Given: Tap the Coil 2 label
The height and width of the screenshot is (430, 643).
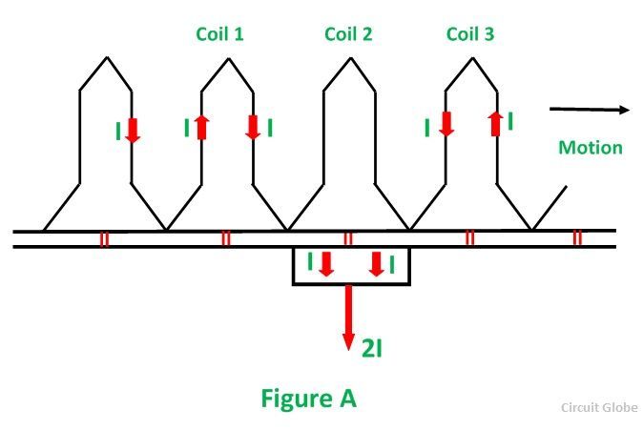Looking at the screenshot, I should (x=348, y=34).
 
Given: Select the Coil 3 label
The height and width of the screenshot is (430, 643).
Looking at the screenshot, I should (x=470, y=34).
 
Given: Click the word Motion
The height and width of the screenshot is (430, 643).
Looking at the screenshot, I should (x=590, y=147).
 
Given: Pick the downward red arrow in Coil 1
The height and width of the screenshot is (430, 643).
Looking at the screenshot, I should (x=253, y=127).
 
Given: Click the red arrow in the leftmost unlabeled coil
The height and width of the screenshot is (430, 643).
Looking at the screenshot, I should (x=132, y=128).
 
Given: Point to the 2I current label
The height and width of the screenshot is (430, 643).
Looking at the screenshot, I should (x=371, y=348).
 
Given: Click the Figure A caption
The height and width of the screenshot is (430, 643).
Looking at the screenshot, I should (x=308, y=398).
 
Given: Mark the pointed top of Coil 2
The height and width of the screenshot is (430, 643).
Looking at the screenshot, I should (x=349, y=60).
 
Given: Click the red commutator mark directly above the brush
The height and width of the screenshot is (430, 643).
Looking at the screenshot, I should (x=348, y=238).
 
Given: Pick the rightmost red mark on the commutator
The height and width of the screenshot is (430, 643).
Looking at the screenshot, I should (x=577, y=238).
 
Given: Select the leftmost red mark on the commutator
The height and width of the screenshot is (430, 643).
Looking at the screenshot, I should (x=104, y=238).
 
